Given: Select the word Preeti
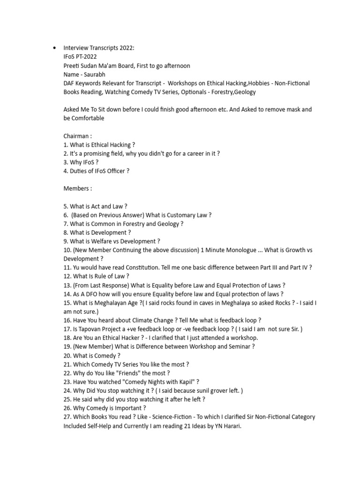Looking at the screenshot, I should pyautogui.click(x=72, y=66).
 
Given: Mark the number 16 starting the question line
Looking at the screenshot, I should pyautogui.click(x=67, y=320).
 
